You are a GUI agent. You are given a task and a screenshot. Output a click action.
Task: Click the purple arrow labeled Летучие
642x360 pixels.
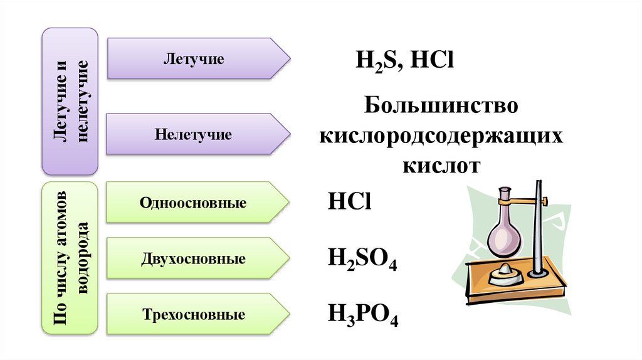[194, 60]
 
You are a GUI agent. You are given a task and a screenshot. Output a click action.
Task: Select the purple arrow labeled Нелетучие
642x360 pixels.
[194, 134]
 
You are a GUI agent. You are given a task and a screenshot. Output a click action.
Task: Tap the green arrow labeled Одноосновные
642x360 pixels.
[194, 203]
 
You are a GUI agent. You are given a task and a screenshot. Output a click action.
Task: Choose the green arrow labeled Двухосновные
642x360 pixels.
[194, 258]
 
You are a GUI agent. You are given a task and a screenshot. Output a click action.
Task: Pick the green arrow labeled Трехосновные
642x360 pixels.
[194, 314]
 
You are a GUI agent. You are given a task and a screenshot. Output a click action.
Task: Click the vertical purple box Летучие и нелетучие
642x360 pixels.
[70, 101]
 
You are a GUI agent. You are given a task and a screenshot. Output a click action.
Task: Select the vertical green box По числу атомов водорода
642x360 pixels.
[70, 258]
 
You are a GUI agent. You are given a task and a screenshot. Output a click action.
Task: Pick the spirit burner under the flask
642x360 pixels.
[505, 274]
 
